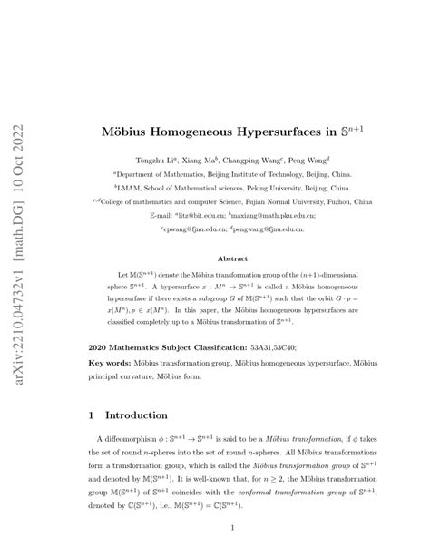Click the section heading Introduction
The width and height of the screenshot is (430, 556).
tap(136, 416)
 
